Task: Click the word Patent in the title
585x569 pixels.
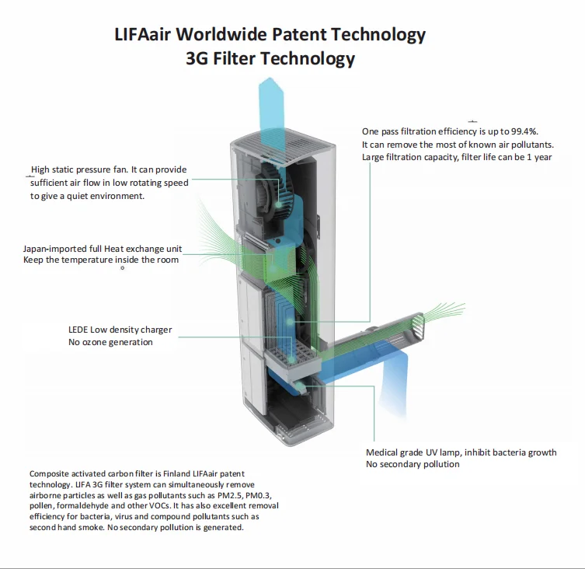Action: [298, 35]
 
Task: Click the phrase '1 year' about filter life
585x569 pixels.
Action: [537, 157]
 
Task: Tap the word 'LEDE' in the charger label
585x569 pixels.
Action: [78, 330]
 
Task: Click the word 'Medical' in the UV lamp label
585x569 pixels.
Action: [382, 452]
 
